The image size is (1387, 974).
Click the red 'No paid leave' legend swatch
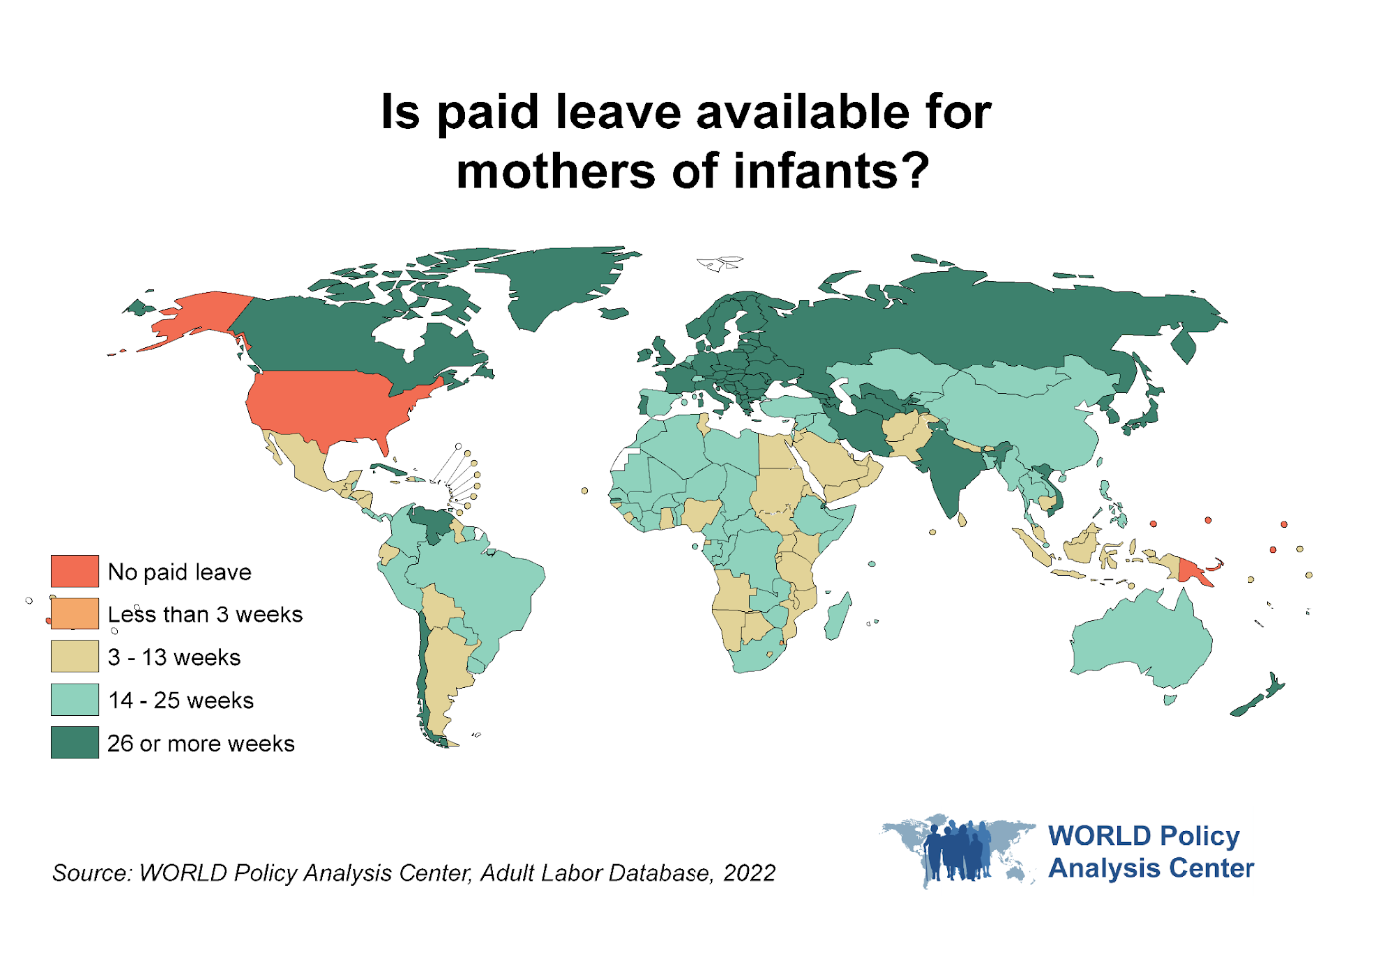(75, 571)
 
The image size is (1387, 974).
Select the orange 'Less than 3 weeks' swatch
(75, 613)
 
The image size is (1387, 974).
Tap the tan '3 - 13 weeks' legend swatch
(75, 656)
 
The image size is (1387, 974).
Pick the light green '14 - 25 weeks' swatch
(75, 699)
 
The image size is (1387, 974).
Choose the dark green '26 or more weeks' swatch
(75, 742)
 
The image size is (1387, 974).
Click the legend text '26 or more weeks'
(200, 743)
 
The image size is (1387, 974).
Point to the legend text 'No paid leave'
(179, 572)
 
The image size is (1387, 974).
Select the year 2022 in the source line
(749, 873)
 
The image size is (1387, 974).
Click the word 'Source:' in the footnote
(91, 873)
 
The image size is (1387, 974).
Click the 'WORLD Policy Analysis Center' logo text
(1150, 852)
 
